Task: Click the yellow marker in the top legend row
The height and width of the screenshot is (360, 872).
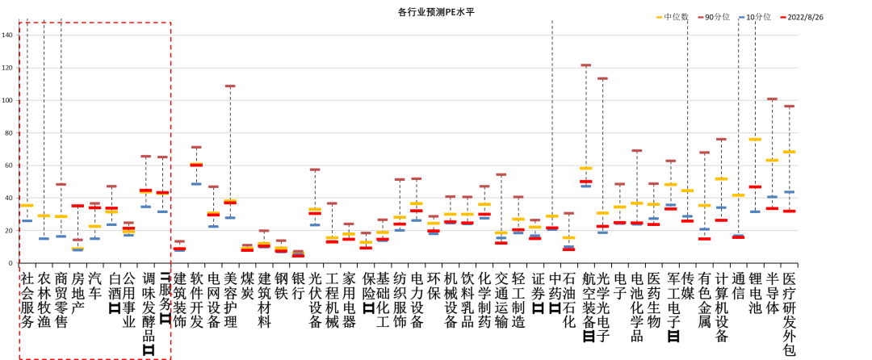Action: click(660, 17)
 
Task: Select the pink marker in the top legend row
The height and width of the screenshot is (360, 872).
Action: click(701, 17)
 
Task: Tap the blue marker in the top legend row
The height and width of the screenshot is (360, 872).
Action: click(742, 17)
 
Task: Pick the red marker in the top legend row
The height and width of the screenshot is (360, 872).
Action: click(783, 17)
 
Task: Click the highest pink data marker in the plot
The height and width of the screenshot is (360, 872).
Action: click(586, 65)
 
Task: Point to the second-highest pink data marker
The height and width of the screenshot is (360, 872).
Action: click(602, 78)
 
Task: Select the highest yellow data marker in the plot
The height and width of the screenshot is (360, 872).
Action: click(755, 139)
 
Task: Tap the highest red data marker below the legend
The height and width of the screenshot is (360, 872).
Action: click(196, 164)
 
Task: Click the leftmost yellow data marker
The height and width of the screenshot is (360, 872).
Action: click(27, 205)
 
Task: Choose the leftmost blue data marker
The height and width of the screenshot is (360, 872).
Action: click(27, 220)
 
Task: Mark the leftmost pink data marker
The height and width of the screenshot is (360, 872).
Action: click(61, 184)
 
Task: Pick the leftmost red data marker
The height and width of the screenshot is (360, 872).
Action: click(78, 206)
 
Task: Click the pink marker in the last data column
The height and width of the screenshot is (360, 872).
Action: click(789, 106)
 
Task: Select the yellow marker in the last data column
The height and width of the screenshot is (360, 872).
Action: click(789, 152)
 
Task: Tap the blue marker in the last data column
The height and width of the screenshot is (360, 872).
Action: click(789, 192)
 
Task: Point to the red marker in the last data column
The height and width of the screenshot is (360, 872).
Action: click(789, 211)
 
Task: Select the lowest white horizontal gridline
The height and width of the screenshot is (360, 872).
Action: click(404, 231)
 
